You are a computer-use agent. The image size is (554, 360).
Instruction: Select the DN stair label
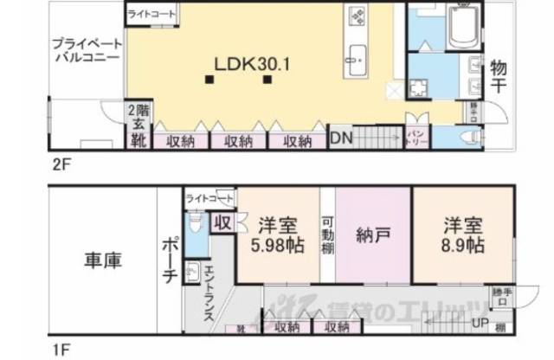(341, 138)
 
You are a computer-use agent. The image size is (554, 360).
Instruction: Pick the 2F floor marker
(57, 163)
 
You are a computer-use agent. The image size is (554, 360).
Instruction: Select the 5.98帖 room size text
(278, 245)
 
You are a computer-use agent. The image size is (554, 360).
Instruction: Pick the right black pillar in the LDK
(268, 80)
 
